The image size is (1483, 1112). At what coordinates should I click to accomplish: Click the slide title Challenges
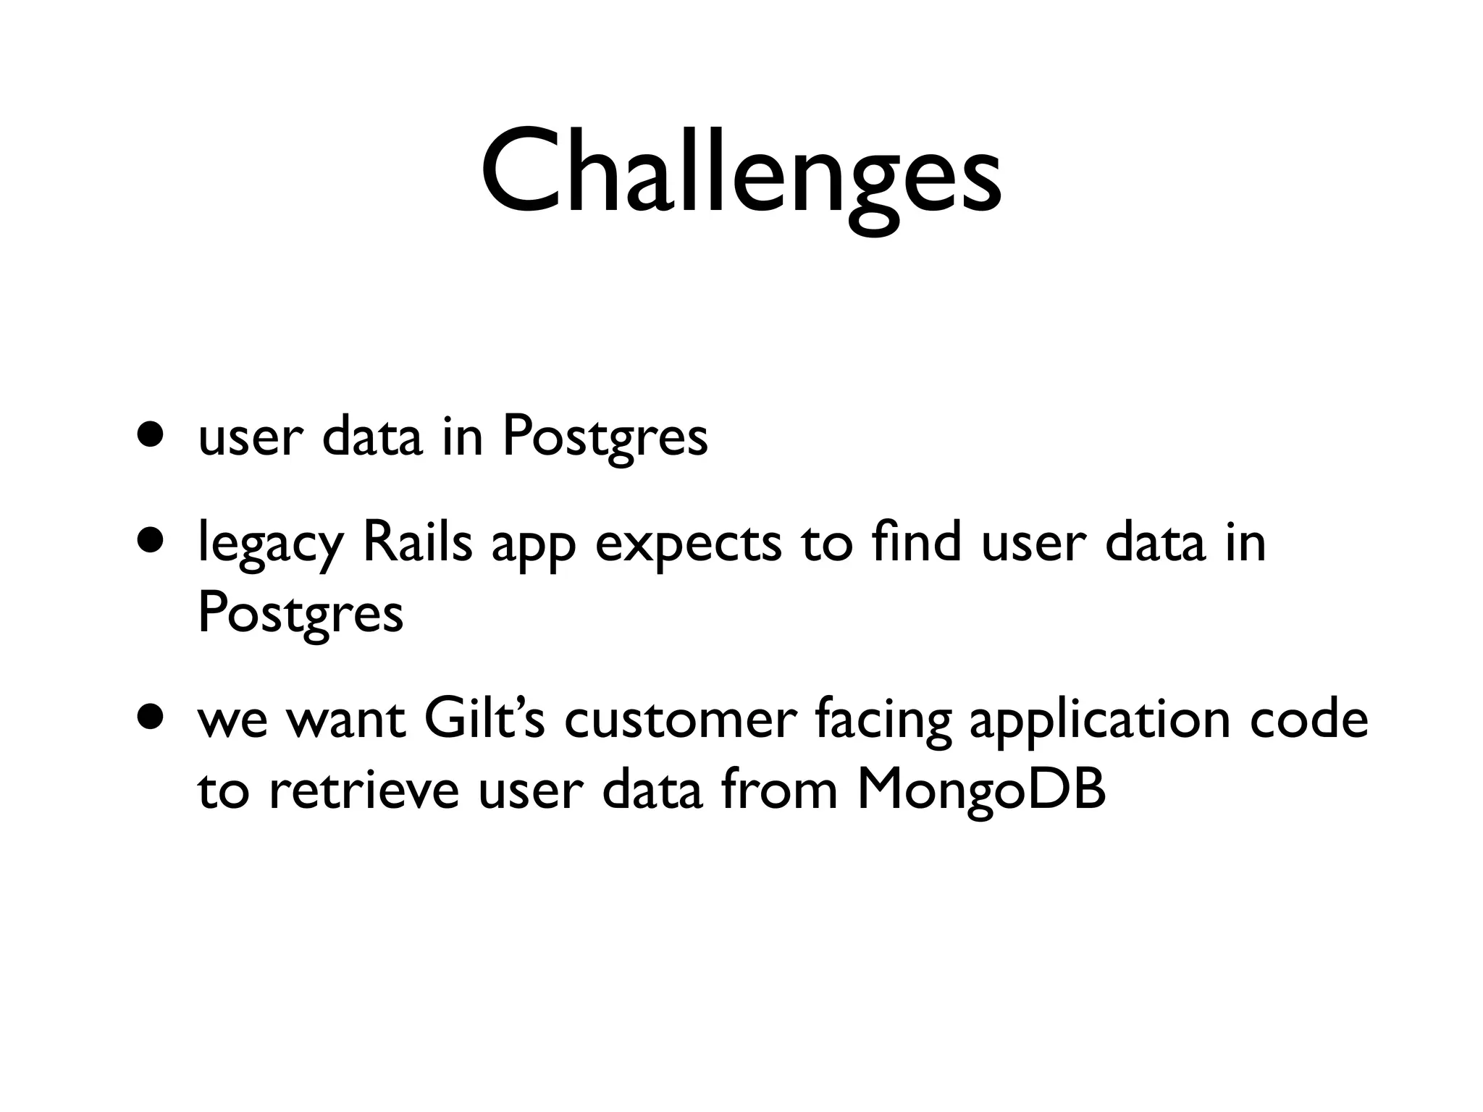coord(741,174)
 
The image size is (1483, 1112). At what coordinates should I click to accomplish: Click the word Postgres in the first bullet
coord(605,437)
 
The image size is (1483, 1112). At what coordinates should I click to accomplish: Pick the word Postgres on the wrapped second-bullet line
coord(300,614)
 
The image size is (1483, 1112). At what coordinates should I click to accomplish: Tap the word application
coord(1101,721)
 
